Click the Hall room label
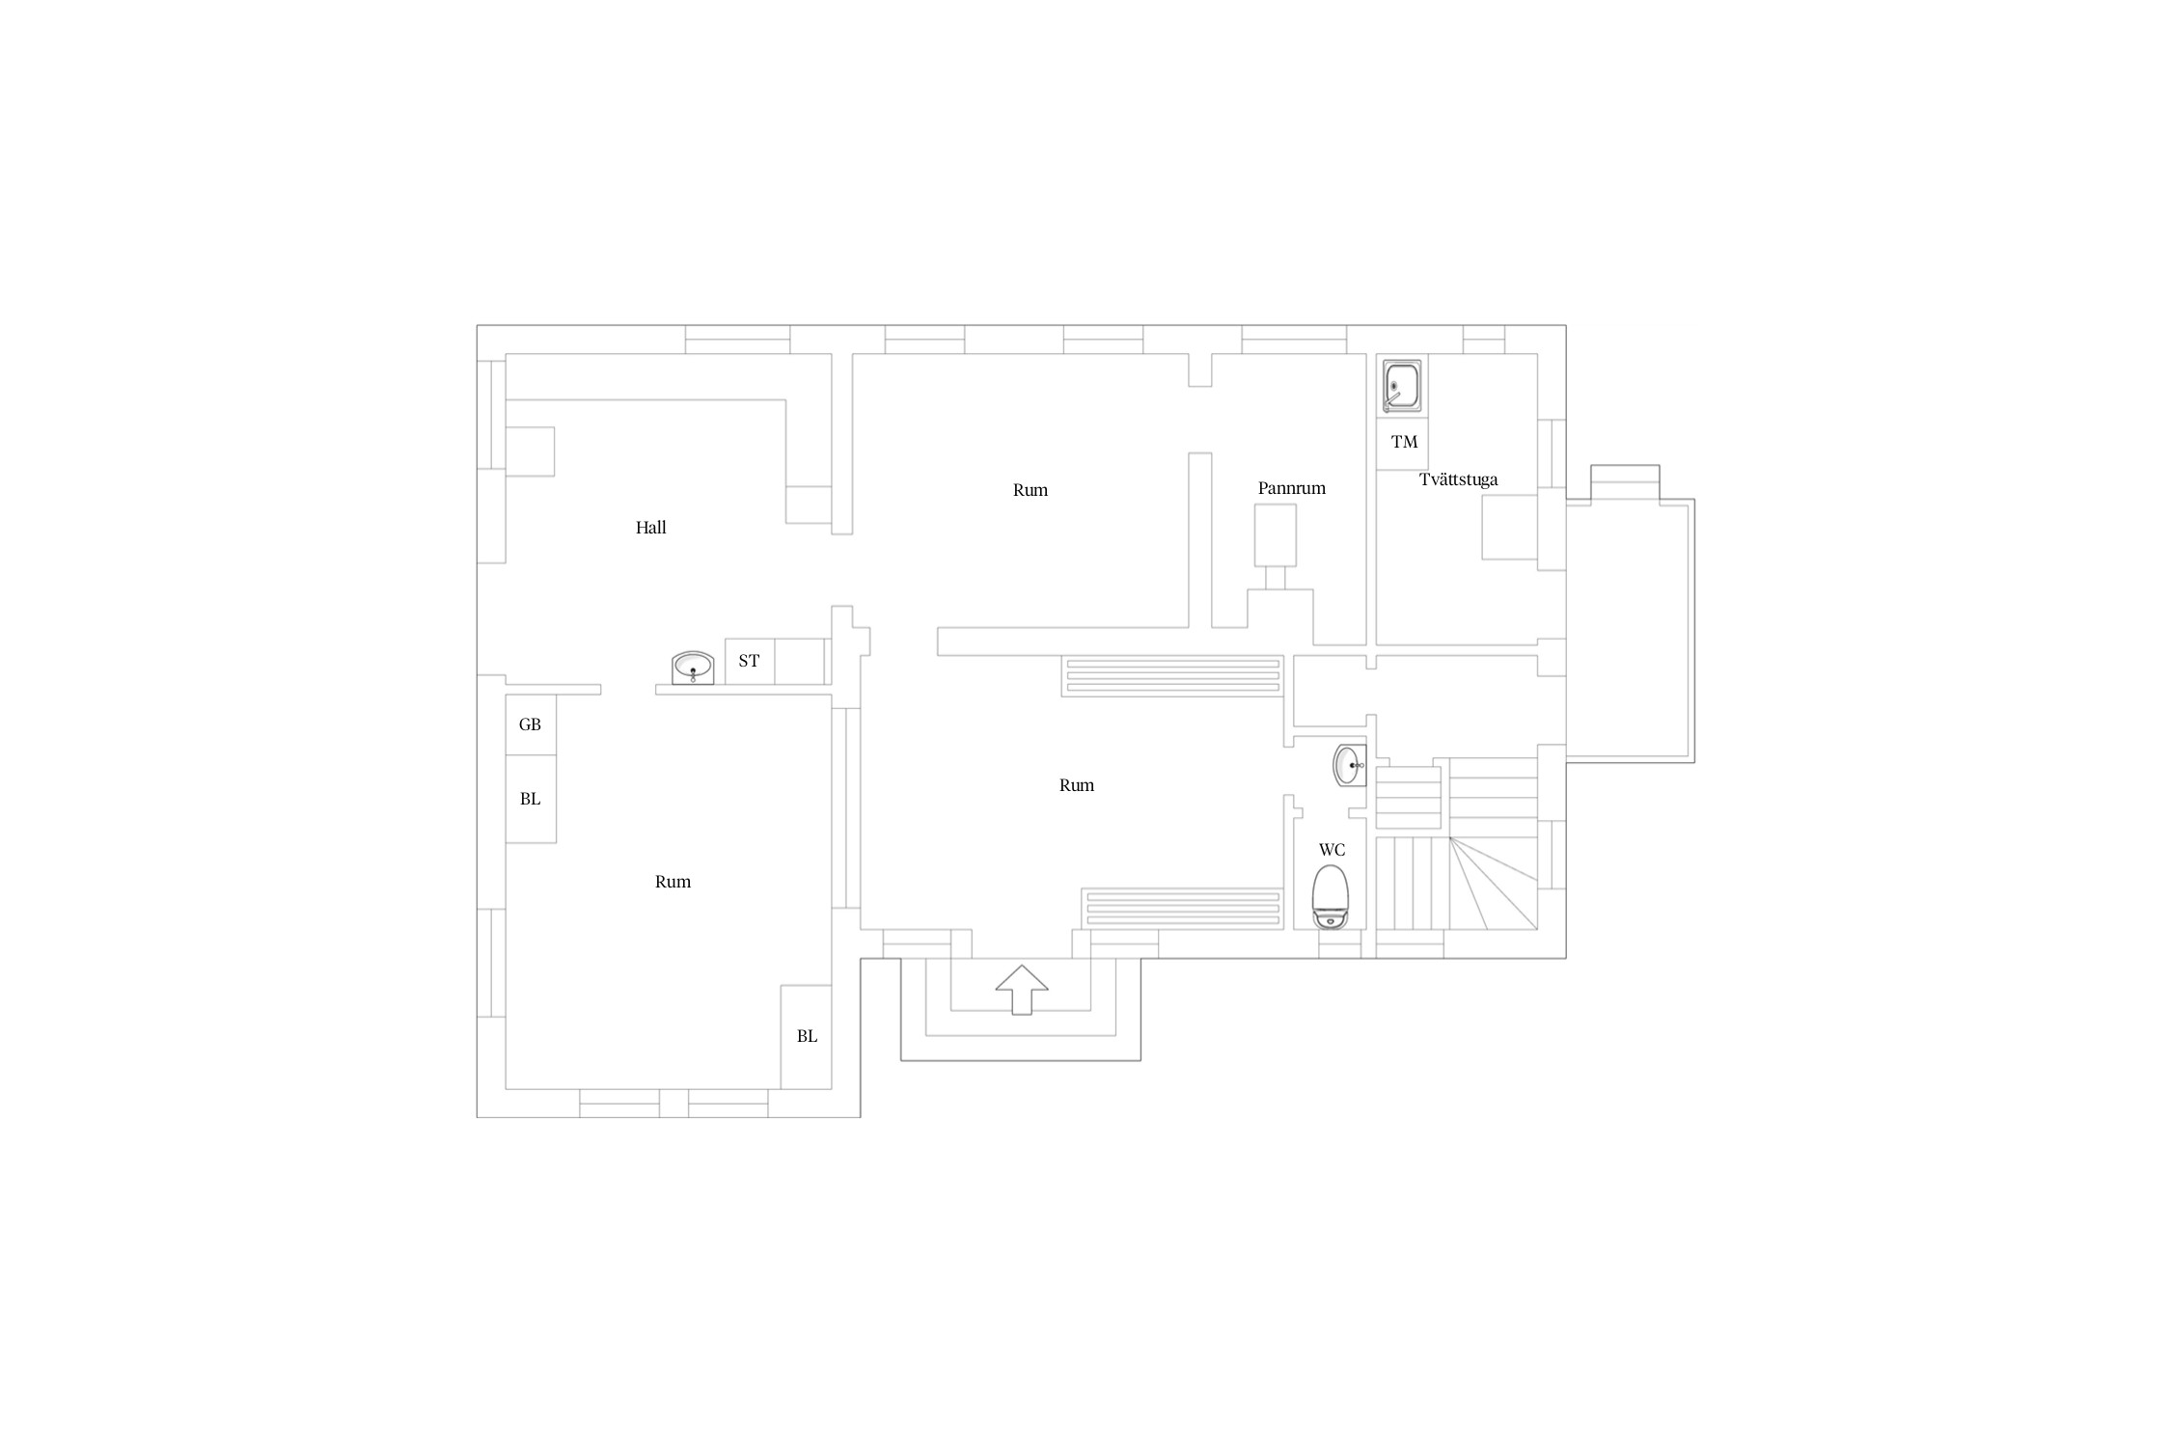pyautogui.click(x=650, y=528)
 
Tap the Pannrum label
pyautogui.click(x=1291, y=488)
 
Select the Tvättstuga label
pyautogui.click(x=1458, y=479)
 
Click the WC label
pyautogui.click(x=1332, y=850)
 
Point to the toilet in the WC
pyautogui.click(x=1331, y=897)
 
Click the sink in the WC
pyautogui.click(x=1350, y=765)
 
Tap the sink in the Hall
pyautogui.click(x=693, y=668)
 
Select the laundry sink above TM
pyautogui.click(x=1401, y=386)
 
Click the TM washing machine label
pyautogui.click(x=1404, y=442)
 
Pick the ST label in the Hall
pyautogui.click(x=749, y=661)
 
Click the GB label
pyautogui.click(x=530, y=724)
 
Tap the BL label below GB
pyautogui.click(x=530, y=799)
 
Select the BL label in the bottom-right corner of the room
pyautogui.click(x=807, y=1036)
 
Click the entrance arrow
pyautogui.click(x=1022, y=990)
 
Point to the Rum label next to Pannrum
pyautogui.click(x=1030, y=490)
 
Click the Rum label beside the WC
pyautogui.click(x=1076, y=785)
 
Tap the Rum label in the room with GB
pyautogui.click(x=673, y=882)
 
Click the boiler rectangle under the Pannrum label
pyautogui.click(x=1275, y=535)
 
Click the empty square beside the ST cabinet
pyautogui.click(x=799, y=662)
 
